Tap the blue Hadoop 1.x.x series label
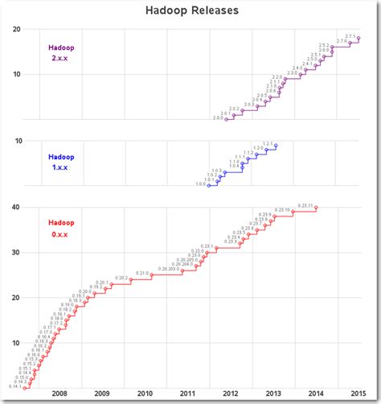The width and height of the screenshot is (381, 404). pyautogui.click(x=60, y=163)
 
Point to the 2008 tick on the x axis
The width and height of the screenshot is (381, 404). pyautogui.click(x=59, y=394)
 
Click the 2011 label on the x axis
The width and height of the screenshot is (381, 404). pyautogui.click(x=186, y=394)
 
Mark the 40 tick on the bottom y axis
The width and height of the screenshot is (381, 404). pyautogui.click(x=16, y=208)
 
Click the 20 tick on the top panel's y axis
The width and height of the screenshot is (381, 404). pyautogui.click(x=16, y=30)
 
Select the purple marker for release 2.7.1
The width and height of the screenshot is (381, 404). pyautogui.click(x=358, y=39)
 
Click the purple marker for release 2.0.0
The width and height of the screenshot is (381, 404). pyautogui.click(x=227, y=119)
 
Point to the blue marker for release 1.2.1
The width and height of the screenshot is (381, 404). pyautogui.click(x=276, y=146)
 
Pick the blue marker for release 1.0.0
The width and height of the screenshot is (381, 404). pyautogui.click(x=209, y=186)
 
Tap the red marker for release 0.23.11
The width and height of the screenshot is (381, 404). pyautogui.click(x=316, y=208)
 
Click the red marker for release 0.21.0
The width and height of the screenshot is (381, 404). pyautogui.click(x=152, y=275)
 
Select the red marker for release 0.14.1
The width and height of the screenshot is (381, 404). pyautogui.click(x=25, y=389)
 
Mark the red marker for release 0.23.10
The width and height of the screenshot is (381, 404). pyautogui.click(x=293, y=212)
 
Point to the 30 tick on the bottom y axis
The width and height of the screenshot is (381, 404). pyautogui.click(x=16, y=253)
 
